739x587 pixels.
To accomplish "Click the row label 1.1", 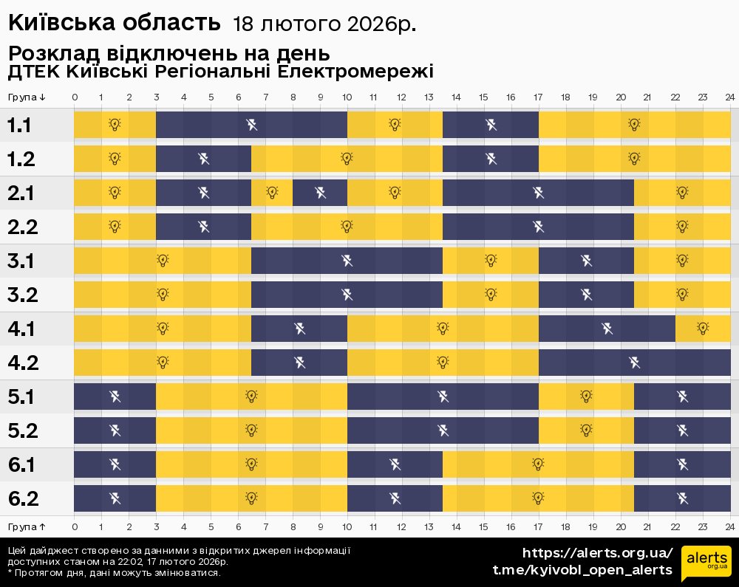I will (19, 126).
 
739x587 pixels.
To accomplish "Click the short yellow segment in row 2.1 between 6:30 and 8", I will (272, 193).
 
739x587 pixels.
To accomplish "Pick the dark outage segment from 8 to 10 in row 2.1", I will (320, 193).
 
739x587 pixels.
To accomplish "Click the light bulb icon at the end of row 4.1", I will (703, 329).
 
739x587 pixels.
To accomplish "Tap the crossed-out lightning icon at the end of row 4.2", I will (634, 363).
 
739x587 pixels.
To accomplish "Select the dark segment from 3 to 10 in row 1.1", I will (251, 125).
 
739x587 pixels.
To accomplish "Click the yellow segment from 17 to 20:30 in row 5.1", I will (586, 397).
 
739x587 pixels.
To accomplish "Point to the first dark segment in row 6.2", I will (115, 498).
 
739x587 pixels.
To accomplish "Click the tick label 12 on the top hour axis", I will (401, 97).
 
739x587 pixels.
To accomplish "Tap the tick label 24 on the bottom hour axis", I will (729, 526).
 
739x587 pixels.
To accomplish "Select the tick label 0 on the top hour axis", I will (75, 97).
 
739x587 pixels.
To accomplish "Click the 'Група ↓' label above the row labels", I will (27, 97).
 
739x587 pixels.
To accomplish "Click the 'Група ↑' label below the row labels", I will (27, 526).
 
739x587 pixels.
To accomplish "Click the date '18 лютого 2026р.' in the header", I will (324, 24).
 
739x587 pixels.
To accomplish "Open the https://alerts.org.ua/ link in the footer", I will (598, 553).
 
